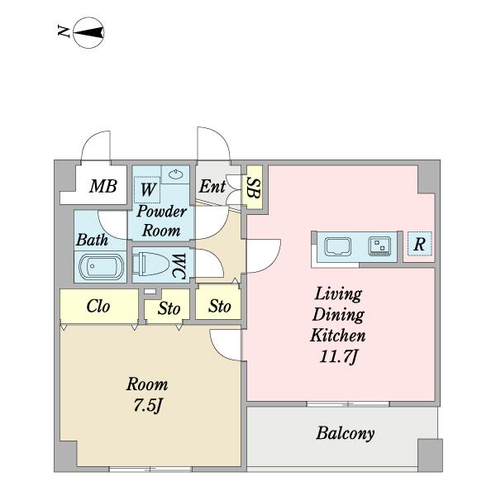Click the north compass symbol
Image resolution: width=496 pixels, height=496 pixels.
click(x=88, y=33)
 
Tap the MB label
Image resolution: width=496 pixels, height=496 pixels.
click(x=103, y=186)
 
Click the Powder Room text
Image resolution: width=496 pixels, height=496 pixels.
click(x=162, y=220)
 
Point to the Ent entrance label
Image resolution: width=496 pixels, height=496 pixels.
click(x=212, y=186)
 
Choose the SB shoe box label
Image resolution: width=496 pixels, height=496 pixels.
click(x=255, y=190)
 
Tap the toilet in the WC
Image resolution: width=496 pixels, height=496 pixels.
click(x=154, y=265)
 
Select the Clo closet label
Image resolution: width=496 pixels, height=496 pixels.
click(x=98, y=307)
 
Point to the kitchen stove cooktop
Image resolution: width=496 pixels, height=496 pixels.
click(x=379, y=246)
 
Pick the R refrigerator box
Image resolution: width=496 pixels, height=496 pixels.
click(x=420, y=246)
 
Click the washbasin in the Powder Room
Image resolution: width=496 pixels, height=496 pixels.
click(x=174, y=174)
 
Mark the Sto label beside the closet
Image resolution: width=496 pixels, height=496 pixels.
click(x=169, y=309)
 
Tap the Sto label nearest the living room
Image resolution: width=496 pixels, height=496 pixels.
click(x=219, y=306)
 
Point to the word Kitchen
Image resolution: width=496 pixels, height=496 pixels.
click(x=337, y=336)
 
